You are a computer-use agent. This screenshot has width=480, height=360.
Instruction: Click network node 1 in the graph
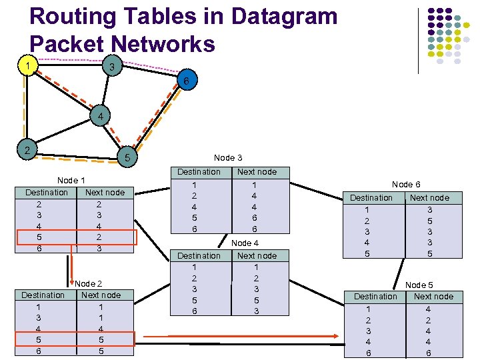pyautogui.click(x=27, y=65)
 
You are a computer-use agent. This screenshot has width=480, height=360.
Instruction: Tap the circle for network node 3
pyautogui.click(x=113, y=67)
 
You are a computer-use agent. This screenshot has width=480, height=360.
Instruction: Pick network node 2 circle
pyautogui.click(x=27, y=149)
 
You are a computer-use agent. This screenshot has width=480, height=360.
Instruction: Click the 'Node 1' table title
pyautogui.click(x=71, y=181)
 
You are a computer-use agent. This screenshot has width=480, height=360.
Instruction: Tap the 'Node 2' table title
pyautogui.click(x=89, y=284)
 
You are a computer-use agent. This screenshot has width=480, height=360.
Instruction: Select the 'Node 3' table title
pyautogui.click(x=228, y=158)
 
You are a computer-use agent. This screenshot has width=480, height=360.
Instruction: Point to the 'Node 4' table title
pyautogui.click(x=245, y=243)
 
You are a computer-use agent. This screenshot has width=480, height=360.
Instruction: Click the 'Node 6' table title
pyautogui.click(x=406, y=185)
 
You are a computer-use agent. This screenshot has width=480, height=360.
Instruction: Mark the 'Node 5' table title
pyautogui.click(x=419, y=285)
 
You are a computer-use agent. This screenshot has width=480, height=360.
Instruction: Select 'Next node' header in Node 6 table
pyautogui.click(x=429, y=198)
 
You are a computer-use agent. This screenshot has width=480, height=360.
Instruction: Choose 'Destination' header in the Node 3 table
pyautogui.click(x=199, y=172)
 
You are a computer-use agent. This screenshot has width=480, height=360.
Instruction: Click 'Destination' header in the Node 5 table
pyautogui.click(x=375, y=297)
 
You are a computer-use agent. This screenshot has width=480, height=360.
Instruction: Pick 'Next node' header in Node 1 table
pyautogui.click(x=105, y=193)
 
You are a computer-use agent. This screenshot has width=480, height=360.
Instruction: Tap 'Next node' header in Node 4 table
pyautogui.click(x=257, y=256)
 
